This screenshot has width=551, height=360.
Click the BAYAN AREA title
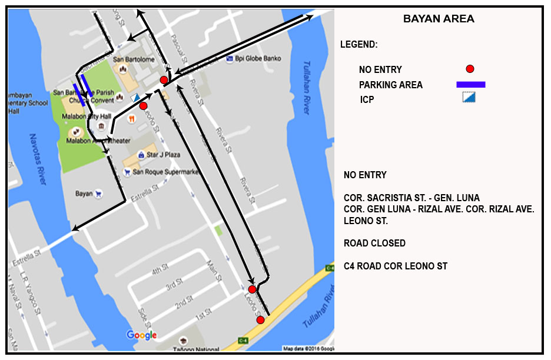tap(439, 19)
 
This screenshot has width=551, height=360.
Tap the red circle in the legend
tap(470, 69)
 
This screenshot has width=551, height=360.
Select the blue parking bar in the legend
tap(470, 85)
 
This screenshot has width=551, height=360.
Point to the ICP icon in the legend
tap(469, 98)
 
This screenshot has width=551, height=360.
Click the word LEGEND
tap(359, 45)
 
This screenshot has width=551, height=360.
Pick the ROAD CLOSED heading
tap(374, 244)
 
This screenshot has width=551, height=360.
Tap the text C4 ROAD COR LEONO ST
tap(396, 266)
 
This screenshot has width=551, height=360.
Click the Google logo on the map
tap(142, 335)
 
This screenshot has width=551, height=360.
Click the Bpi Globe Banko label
tap(258, 58)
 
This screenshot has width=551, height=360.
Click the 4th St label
tap(160, 270)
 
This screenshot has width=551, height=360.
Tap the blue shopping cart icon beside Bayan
tap(98, 193)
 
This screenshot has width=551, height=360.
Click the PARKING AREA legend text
tap(391, 85)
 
